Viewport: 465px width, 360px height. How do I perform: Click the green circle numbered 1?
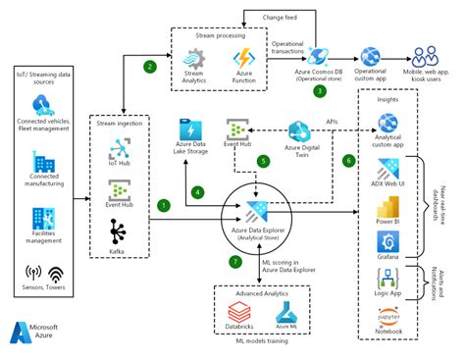[x=164, y=204]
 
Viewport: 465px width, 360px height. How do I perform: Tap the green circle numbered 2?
[x=150, y=67]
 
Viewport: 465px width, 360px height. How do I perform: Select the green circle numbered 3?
[x=319, y=91]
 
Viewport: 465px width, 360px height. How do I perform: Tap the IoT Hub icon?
[x=119, y=147]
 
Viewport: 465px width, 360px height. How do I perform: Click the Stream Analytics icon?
[x=193, y=58]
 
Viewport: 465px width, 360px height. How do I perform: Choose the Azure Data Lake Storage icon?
[x=191, y=130]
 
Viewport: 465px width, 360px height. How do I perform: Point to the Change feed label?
[x=289, y=16]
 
